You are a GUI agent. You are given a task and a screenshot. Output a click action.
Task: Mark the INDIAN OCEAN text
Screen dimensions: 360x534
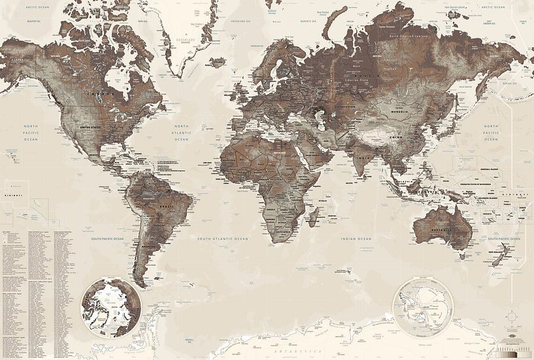pyautogui.click(x=356, y=239)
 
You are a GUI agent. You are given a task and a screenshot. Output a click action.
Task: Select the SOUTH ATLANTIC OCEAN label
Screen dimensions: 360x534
pyautogui.click(x=224, y=239)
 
